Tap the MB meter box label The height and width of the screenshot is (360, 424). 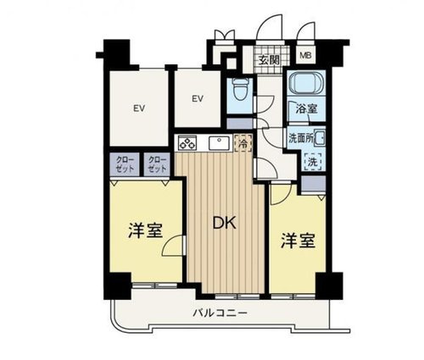tap(305, 58)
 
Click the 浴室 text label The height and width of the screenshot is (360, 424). tap(305, 108)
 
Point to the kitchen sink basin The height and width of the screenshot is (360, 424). tap(217, 143)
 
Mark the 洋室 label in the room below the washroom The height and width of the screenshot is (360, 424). tap(298, 240)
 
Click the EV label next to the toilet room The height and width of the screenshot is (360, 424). tap(197, 99)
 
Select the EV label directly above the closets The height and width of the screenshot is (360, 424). tap(137, 108)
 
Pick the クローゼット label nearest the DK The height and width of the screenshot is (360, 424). tap(157, 163)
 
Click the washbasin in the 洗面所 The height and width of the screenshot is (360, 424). tap(319, 136)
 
